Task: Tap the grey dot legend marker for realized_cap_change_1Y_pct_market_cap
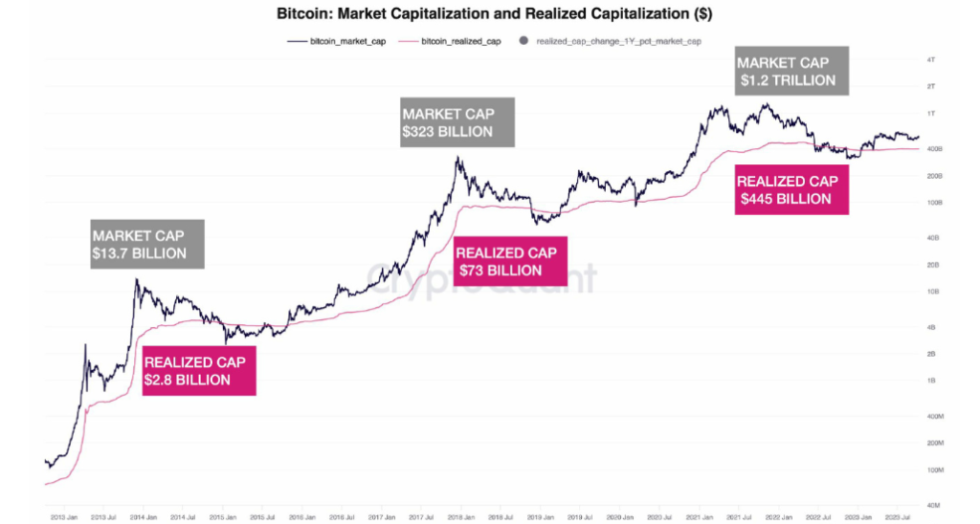click(523, 41)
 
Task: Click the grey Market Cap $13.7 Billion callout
click(139, 244)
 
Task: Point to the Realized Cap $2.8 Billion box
click(199, 371)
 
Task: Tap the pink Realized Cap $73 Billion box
click(507, 261)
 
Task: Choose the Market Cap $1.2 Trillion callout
click(786, 71)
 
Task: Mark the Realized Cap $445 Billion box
click(791, 189)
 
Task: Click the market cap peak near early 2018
click(458, 158)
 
